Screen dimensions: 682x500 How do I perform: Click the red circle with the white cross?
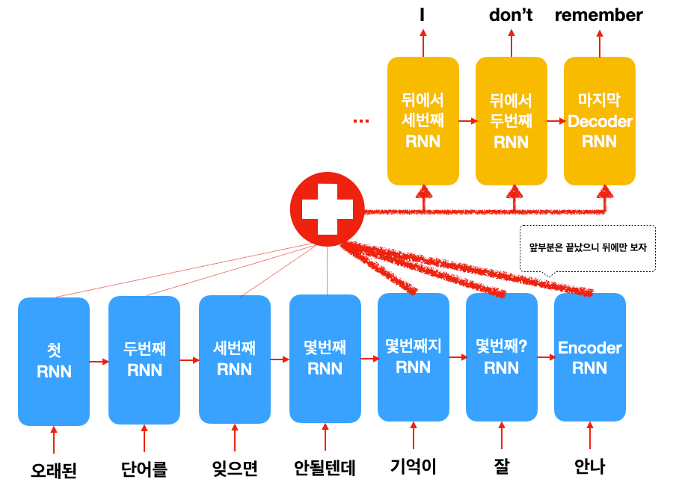(x=327, y=209)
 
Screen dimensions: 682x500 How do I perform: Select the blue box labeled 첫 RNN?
(x=54, y=362)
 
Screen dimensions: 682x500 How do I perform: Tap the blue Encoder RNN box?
(x=590, y=357)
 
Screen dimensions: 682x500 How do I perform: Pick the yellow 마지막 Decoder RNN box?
(x=599, y=121)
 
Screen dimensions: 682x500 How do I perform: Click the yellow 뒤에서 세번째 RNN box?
(x=423, y=121)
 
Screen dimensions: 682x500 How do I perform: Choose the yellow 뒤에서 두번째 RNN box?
(x=511, y=121)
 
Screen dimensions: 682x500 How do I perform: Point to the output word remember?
(x=599, y=15)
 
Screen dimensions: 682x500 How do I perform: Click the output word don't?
(x=511, y=15)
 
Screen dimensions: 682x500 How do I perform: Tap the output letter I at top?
(x=422, y=15)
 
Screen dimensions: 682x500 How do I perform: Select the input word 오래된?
(x=54, y=470)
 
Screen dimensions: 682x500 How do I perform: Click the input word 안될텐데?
(x=325, y=468)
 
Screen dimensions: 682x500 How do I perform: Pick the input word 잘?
(x=502, y=466)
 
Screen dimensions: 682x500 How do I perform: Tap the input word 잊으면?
(x=235, y=469)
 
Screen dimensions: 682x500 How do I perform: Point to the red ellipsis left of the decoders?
(x=361, y=121)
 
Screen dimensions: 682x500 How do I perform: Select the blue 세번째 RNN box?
(x=235, y=359)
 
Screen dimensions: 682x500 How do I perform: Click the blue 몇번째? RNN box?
(x=502, y=357)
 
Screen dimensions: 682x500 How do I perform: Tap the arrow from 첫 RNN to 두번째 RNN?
(x=99, y=361)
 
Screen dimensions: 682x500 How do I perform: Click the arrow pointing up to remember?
(x=599, y=43)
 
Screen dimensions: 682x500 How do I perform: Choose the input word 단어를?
(x=144, y=469)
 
